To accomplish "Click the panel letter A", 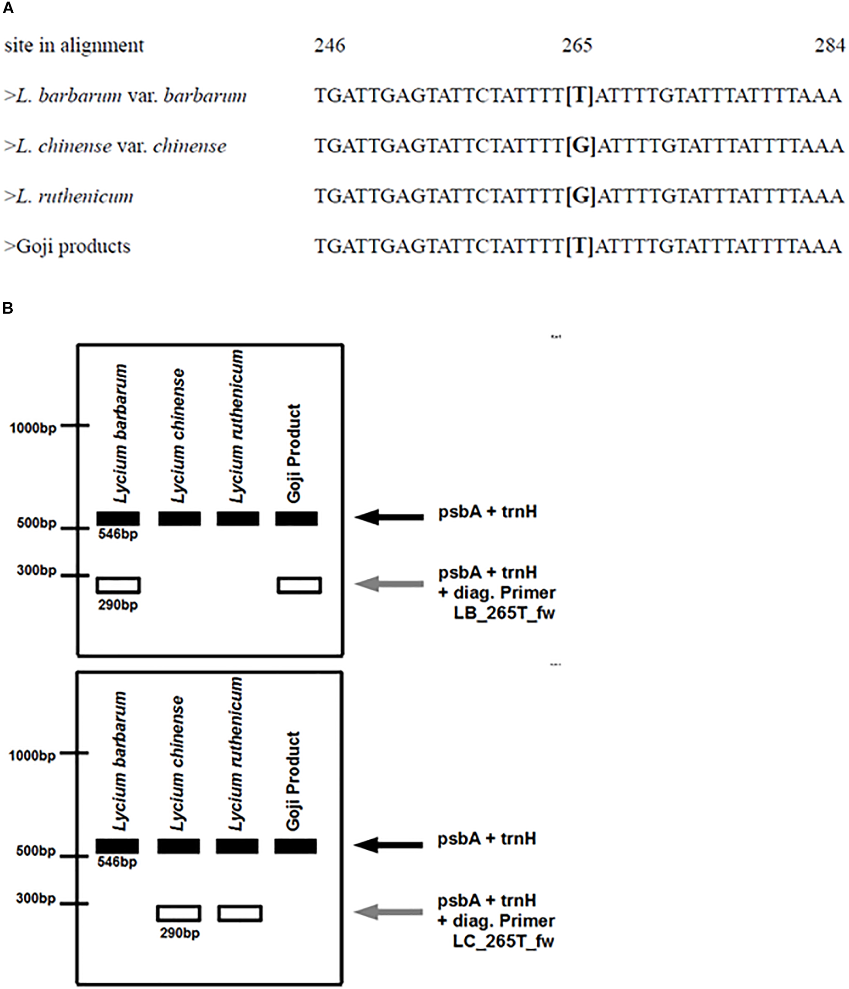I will tap(8, 9).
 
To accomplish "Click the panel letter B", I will tap(8, 308).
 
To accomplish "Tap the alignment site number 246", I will tap(329, 45).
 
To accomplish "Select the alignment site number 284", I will tap(830, 45).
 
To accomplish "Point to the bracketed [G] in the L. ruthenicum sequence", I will tap(581, 196).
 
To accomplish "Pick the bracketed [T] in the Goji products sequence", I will tap(580, 246).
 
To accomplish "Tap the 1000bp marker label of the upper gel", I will tap(33, 428).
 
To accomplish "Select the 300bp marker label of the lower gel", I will tap(36, 898).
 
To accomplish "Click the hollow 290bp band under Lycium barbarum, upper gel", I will tap(119, 585).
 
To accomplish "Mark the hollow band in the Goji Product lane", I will tap(299, 585).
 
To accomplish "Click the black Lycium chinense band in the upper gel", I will tap(180, 518).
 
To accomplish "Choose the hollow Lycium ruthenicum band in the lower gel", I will tap(239, 913).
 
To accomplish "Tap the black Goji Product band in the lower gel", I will tap(295, 846).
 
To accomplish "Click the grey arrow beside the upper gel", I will tap(389, 583).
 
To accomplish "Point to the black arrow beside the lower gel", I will tap(388, 845).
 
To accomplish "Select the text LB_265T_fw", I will tap(504, 613).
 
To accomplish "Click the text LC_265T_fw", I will tap(503, 941).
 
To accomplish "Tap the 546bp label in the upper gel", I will tap(118, 534).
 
